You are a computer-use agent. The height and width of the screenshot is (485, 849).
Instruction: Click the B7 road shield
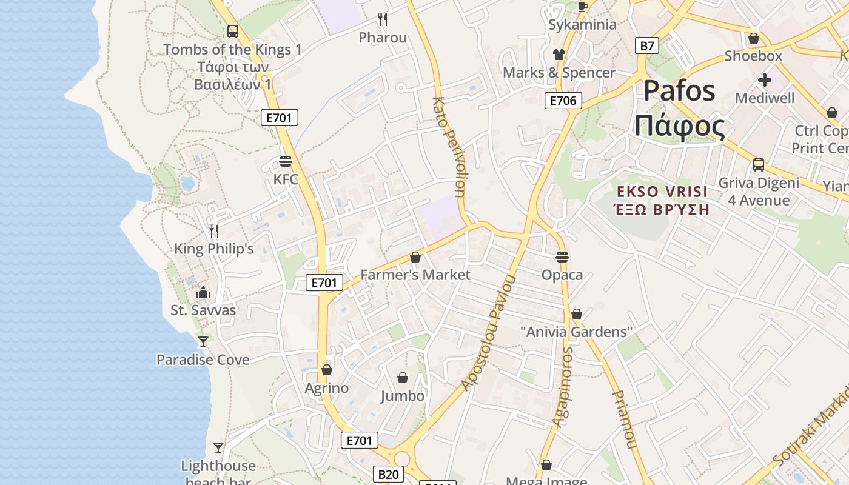(648, 45)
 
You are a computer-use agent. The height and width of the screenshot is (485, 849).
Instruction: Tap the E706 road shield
(563, 101)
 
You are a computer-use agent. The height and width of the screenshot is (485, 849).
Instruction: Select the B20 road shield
(388, 474)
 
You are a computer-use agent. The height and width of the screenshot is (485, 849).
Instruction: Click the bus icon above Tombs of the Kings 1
(232, 31)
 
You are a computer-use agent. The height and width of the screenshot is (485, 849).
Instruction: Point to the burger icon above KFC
(286, 161)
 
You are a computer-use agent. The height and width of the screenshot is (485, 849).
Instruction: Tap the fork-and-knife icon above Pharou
(383, 19)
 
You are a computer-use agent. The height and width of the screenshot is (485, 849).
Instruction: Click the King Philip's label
(214, 249)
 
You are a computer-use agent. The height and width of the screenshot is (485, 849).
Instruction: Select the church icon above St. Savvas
(203, 293)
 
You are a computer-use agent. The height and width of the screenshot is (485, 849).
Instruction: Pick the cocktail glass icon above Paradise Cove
(203, 342)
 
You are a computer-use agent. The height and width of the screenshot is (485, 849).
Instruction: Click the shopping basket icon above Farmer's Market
(415, 258)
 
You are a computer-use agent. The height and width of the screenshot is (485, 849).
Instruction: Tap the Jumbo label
(403, 396)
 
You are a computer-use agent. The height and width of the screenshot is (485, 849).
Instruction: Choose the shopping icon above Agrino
(327, 370)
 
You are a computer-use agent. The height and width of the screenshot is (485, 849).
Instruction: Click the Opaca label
(562, 275)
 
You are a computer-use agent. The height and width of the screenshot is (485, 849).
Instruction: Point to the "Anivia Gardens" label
(577, 332)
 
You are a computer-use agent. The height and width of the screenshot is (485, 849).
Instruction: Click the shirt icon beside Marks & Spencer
(559, 55)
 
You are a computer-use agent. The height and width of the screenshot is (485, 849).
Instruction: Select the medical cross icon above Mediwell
(765, 79)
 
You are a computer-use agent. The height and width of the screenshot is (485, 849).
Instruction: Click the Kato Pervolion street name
(450, 147)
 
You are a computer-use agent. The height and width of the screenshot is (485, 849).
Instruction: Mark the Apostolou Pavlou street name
(489, 332)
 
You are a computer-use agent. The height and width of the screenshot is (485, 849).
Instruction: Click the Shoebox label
(753, 56)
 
